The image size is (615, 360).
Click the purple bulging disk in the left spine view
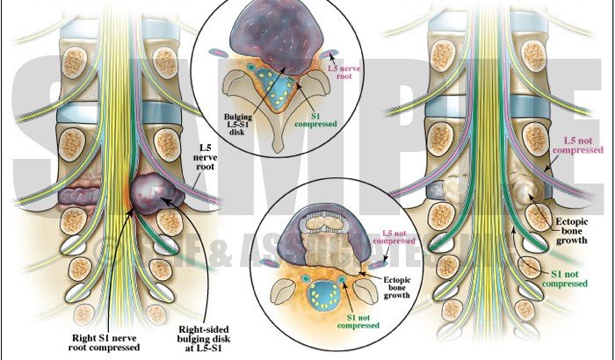[156, 194]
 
